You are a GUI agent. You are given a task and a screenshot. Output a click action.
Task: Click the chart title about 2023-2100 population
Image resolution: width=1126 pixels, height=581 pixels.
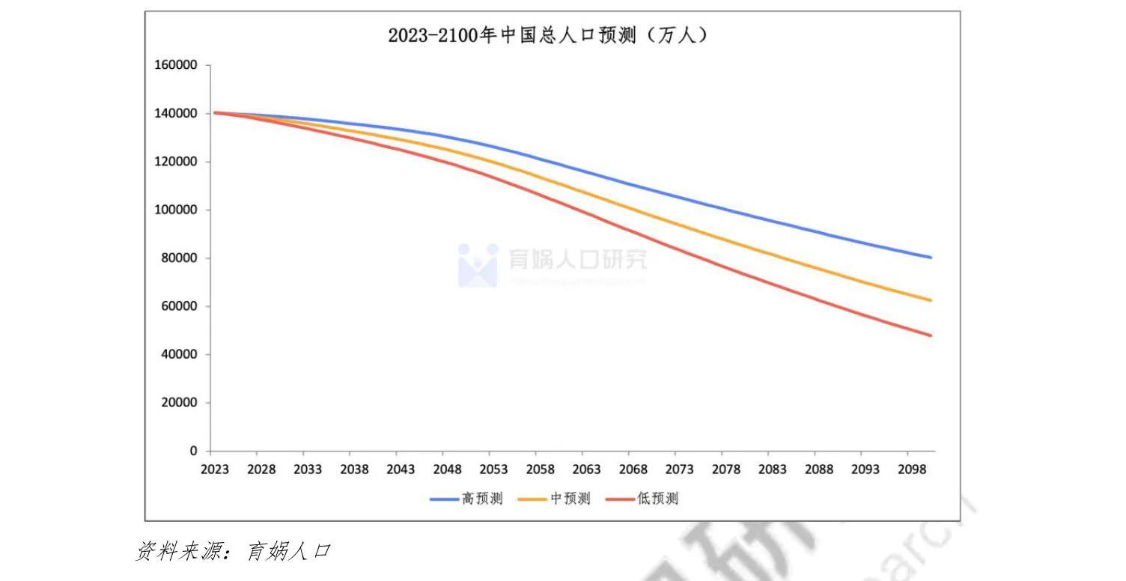tap(547, 35)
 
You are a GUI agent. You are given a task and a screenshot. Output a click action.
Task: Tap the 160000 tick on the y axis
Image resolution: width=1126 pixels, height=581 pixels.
tap(175, 65)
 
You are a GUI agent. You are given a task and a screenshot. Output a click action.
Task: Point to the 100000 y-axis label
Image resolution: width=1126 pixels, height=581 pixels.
tap(175, 210)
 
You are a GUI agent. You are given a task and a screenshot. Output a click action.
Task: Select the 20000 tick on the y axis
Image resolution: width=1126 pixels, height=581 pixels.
tap(178, 403)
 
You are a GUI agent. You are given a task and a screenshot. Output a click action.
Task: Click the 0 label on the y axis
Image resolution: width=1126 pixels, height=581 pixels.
tap(193, 451)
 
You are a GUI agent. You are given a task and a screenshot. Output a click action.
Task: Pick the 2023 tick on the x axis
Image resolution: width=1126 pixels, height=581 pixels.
tap(214, 469)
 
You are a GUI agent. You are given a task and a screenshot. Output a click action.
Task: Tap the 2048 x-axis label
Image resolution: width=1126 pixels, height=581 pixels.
tap(447, 469)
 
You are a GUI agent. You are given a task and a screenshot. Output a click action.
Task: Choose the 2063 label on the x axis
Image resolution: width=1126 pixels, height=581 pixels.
tap(586, 469)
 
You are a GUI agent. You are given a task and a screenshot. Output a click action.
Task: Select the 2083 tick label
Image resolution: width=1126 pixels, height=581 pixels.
tap(772, 469)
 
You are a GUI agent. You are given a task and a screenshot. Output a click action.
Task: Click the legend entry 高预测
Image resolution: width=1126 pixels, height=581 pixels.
tap(466, 499)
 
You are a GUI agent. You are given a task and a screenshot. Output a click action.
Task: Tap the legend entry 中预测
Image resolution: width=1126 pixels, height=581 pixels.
tap(554, 499)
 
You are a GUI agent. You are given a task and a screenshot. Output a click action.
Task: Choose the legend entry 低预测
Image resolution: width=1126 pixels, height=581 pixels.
tap(642, 499)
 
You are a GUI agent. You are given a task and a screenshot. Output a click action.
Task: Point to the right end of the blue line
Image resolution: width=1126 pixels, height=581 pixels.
tap(931, 258)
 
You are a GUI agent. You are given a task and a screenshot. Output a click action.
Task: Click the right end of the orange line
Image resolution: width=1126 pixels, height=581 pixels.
tap(931, 300)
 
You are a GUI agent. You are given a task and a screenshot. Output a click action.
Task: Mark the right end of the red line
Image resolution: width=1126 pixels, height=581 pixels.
tap(931, 335)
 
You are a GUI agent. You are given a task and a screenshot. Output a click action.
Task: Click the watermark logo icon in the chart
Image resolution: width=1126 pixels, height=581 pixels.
tap(478, 264)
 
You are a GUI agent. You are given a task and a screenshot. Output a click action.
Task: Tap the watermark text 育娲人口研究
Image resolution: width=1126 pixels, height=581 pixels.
tap(577, 259)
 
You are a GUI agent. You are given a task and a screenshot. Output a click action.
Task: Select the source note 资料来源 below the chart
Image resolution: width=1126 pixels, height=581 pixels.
tap(233, 552)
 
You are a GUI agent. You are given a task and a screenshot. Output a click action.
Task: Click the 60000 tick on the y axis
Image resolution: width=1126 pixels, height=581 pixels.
tap(178, 306)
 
